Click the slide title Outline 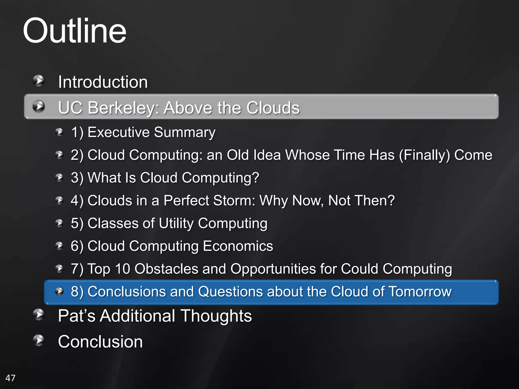[x=75, y=31]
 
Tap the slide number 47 [x=10, y=378]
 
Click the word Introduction [x=103, y=82]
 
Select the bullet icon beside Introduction [x=39, y=81]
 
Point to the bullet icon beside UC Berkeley [x=39, y=106]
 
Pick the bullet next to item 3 [x=59, y=178]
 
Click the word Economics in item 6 [x=238, y=246]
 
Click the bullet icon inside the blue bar [x=59, y=291]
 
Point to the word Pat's [x=77, y=316]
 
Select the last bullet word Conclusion [x=100, y=342]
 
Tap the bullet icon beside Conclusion [x=39, y=340]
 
